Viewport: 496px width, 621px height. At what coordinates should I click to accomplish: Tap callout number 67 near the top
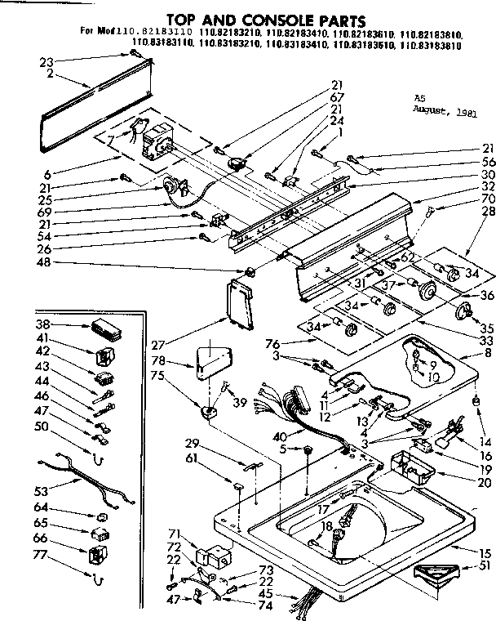(x=337, y=96)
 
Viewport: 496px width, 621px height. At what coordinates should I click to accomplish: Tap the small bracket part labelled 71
(x=215, y=557)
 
